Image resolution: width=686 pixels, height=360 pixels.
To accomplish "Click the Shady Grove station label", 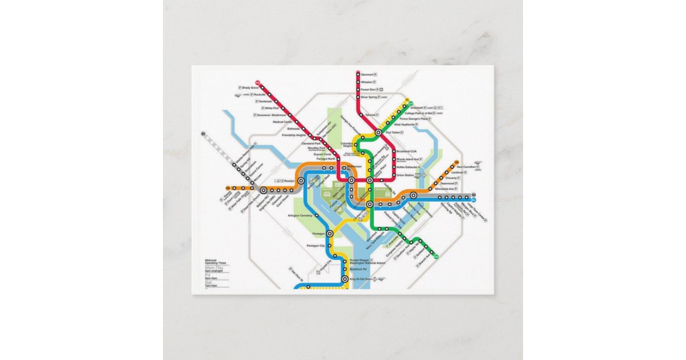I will pos(250,87).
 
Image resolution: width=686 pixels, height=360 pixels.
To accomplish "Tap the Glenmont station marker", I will pos(357,74).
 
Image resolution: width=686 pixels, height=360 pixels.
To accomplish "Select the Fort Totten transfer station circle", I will pos(378,133).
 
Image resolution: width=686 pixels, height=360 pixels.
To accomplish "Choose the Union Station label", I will pos(405,175).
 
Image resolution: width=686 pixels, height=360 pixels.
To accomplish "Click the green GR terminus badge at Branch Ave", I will pos(437,256).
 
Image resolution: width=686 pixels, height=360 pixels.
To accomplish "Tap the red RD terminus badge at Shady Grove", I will pos(258,82).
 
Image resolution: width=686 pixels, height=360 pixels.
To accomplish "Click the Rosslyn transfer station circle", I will pos(301,181).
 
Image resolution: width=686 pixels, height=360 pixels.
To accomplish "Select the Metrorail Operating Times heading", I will pos(216,262).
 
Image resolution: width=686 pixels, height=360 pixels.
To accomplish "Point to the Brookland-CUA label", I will pos(407,151).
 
